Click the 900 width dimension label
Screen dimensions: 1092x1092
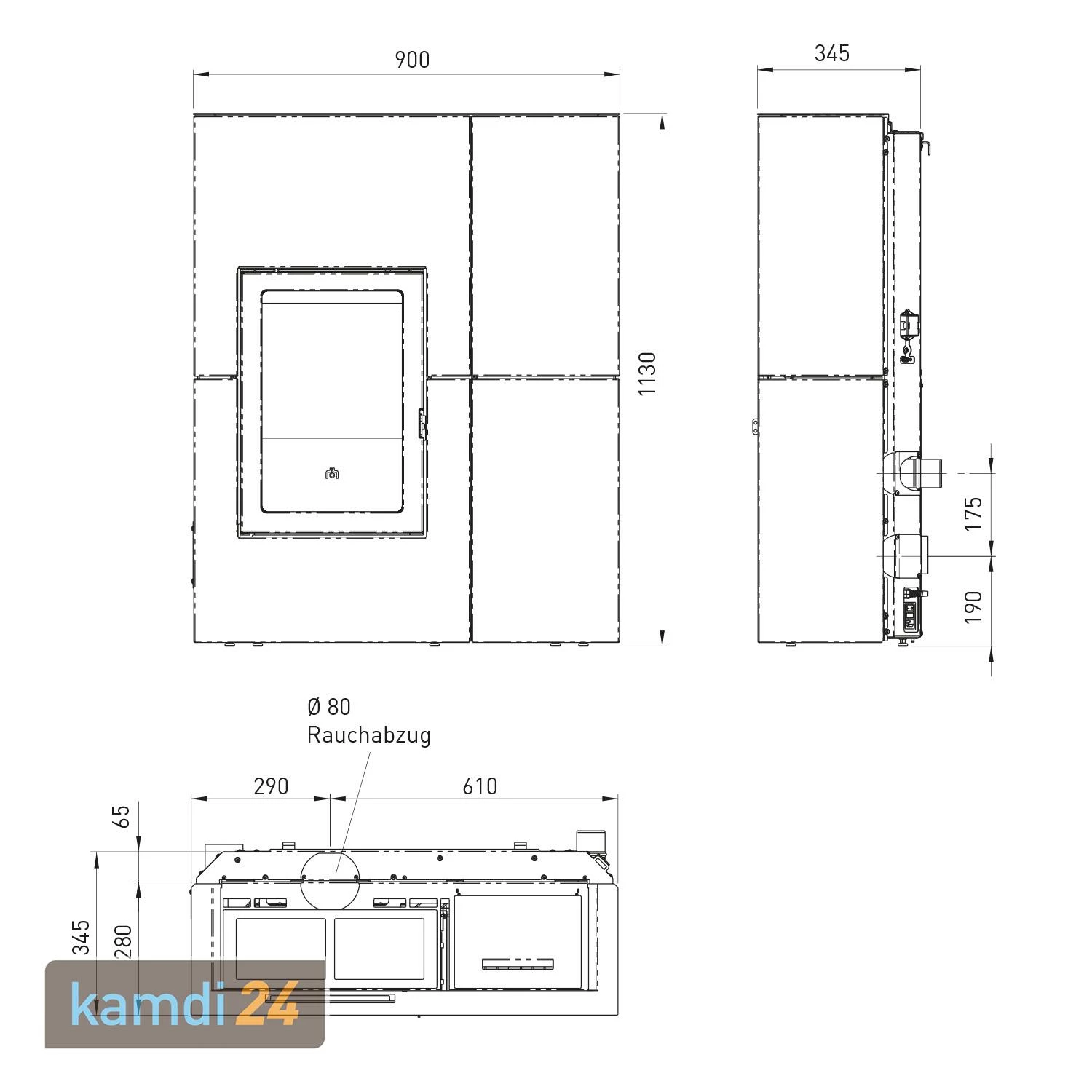coord(412,60)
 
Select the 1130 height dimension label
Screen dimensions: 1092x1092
coord(647,374)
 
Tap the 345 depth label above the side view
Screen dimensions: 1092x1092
coord(832,53)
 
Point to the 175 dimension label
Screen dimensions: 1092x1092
coord(973,513)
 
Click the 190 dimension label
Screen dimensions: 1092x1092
coord(973,606)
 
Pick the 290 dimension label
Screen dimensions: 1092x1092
coord(271,786)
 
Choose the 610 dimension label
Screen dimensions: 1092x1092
coord(480,786)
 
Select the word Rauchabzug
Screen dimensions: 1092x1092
coord(368,735)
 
